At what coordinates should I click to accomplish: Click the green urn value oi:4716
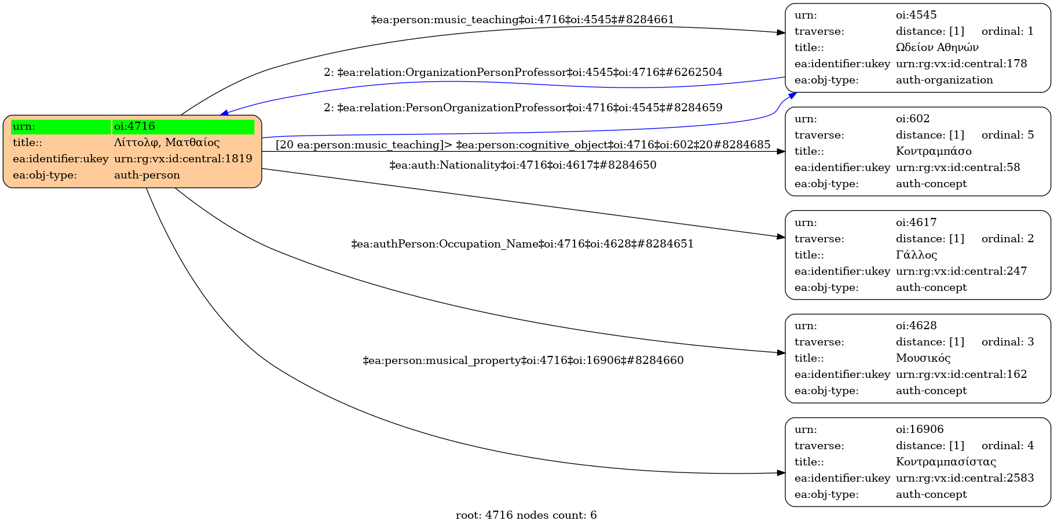coord(134,126)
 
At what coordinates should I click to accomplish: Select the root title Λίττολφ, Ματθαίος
coord(167,143)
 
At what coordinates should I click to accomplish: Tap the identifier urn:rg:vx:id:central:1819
coord(183,159)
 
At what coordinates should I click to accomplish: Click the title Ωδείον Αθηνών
coord(937,48)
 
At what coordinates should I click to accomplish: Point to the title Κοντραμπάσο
coord(934,151)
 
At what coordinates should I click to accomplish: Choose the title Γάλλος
coord(916,255)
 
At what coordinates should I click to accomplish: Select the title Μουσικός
coord(923,358)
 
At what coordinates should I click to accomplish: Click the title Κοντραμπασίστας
coord(946,462)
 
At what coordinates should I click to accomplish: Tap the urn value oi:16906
coord(920,429)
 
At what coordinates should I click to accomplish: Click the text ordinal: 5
coord(1008,135)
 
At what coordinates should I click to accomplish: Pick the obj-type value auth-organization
coord(945,80)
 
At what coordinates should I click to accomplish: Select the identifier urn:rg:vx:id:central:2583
coord(965,478)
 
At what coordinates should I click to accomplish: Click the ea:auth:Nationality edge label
coord(523,165)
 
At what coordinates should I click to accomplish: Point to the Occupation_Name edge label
coord(522,244)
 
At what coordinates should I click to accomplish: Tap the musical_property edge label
coord(523,361)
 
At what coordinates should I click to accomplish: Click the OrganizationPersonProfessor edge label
coord(523,72)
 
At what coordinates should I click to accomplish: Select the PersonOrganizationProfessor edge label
coord(523,108)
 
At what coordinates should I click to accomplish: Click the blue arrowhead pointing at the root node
coord(224,112)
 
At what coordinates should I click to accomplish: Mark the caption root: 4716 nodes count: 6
coord(526,515)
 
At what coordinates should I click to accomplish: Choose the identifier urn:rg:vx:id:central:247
coord(961,271)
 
